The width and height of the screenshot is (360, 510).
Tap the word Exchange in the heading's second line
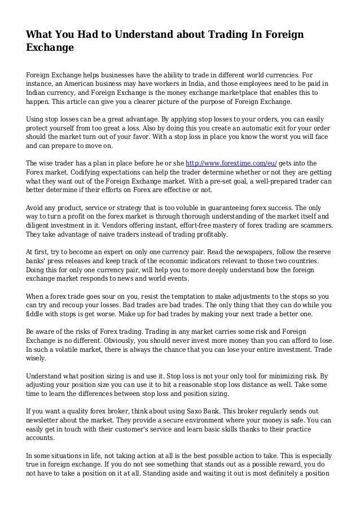click(x=50, y=49)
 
